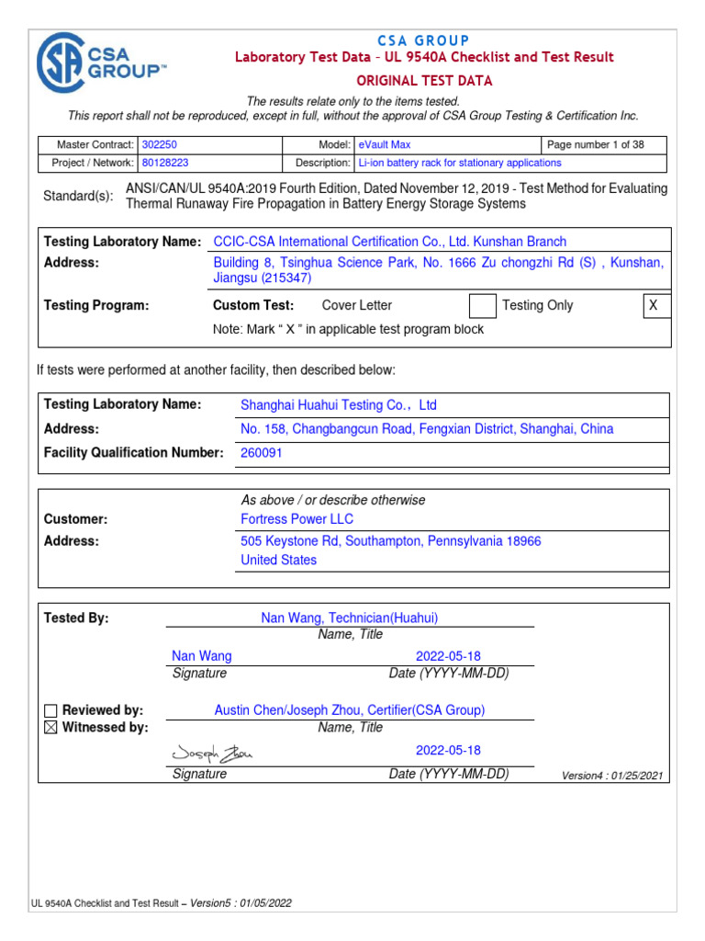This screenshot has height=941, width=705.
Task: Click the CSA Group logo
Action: pos(100,64)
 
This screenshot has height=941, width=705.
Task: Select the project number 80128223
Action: pos(166,163)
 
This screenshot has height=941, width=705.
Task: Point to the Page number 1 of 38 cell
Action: pos(596,145)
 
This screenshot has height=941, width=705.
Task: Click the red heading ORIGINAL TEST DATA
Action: pos(424,81)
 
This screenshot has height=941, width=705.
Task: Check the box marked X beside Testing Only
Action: pos(654,306)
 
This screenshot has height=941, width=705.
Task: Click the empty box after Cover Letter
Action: pos(482,306)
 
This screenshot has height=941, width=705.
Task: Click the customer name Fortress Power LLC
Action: pos(297,519)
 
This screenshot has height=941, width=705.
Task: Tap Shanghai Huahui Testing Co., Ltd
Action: pos(338,405)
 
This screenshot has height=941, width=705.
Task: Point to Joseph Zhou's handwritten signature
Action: pos(211,753)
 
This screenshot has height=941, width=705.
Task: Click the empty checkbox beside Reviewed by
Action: pos(50,710)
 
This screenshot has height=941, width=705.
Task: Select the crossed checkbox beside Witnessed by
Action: pos(50,728)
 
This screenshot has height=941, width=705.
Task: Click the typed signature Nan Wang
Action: pos(202,656)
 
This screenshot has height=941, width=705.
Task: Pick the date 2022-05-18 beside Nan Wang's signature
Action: pos(448,656)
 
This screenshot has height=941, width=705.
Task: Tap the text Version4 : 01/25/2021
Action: pos(611,776)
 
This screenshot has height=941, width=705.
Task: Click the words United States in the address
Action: pos(278,560)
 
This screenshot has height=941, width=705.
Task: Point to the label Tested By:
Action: pos(76,618)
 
